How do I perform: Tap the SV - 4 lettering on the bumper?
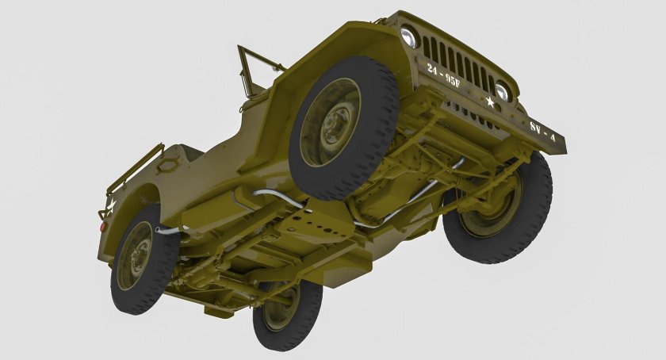pos(542,131)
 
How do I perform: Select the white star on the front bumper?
pos(491,102)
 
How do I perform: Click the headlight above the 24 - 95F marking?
pos(409,36)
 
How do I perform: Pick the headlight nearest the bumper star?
pos(502,91)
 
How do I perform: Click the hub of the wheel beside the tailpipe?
pos(134,255)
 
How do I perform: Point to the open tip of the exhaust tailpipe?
pos(159,231)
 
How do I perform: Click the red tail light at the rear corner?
pos(102,225)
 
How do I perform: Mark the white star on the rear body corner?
pos(111,207)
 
